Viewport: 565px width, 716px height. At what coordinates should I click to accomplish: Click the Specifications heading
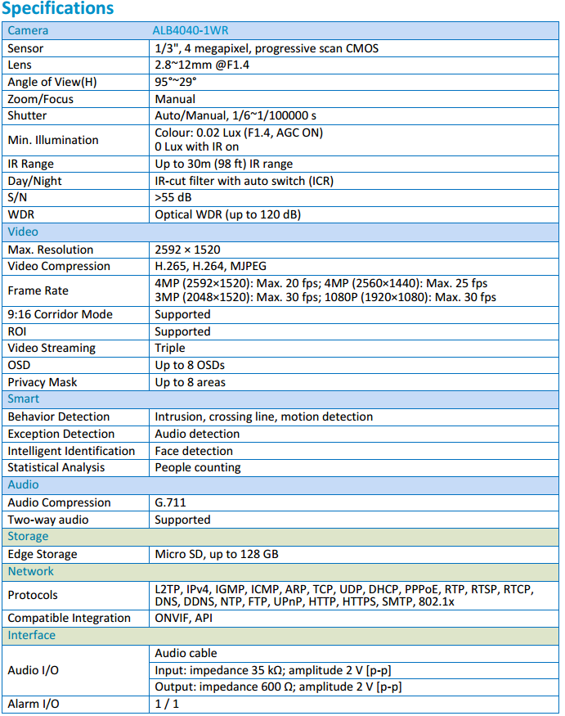[x=58, y=9]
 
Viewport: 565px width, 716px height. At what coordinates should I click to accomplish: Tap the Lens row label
[x=22, y=65]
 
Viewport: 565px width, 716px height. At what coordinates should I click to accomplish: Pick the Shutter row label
[x=27, y=115]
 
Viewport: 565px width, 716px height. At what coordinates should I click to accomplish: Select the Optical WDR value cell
[x=228, y=214]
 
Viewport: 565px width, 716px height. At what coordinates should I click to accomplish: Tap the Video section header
[x=23, y=232]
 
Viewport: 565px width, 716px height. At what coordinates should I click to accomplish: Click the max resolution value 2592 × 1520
[x=187, y=250]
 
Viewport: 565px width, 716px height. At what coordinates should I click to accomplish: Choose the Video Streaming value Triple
[x=170, y=348]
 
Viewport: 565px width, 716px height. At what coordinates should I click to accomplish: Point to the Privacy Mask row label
[x=43, y=382]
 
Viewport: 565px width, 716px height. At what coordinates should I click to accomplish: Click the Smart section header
[x=24, y=399]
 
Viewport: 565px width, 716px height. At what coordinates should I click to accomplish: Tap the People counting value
[x=198, y=467]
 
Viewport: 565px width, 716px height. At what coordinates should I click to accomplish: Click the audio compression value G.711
[x=171, y=502]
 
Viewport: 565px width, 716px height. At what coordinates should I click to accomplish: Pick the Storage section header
[x=28, y=536]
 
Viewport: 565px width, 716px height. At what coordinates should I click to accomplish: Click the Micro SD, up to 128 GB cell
[x=217, y=554]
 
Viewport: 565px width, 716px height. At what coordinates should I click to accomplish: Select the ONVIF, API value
[x=184, y=618]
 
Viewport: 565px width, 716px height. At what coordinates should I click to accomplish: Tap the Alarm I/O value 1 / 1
[x=167, y=704]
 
